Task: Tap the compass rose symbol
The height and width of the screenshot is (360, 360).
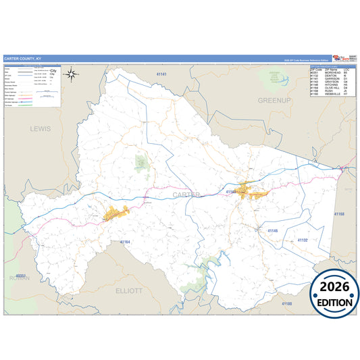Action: [x=73, y=74]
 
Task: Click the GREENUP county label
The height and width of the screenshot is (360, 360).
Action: [x=273, y=100]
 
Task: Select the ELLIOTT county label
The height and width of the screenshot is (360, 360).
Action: [x=129, y=290]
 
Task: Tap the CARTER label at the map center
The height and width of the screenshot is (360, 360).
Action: [x=186, y=195]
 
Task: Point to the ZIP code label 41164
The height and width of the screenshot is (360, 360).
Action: [x=125, y=241]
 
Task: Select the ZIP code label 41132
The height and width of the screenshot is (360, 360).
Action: [x=302, y=240]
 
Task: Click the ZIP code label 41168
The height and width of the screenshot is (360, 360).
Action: [x=338, y=214]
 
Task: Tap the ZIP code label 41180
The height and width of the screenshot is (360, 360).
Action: [x=287, y=304]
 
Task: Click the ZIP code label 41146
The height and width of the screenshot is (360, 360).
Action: [x=272, y=231]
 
